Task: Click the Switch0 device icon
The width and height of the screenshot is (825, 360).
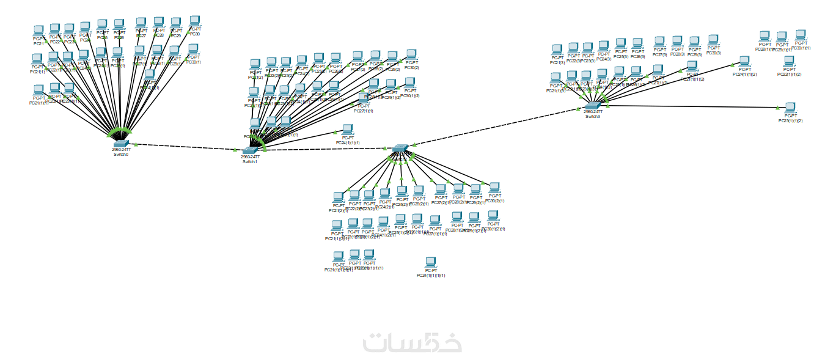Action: pyautogui.click(x=120, y=143)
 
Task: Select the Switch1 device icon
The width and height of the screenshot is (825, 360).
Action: pyautogui.click(x=250, y=150)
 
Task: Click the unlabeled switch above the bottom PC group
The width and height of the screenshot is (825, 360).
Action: pyautogui.click(x=400, y=149)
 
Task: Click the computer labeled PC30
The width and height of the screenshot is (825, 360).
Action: pyautogui.click(x=195, y=22)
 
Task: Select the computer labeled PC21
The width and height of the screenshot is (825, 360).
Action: pyautogui.click(x=39, y=31)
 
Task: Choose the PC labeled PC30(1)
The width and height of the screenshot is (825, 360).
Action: pyautogui.click(x=193, y=49)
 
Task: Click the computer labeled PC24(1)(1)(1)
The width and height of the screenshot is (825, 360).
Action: pyautogui.click(x=347, y=130)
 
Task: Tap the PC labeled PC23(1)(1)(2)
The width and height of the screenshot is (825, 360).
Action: pyautogui.click(x=790, y=108)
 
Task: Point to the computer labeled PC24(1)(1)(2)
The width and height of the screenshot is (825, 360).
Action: pyautogui.click(x=744, y=62)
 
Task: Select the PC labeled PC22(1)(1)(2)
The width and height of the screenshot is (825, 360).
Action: pyautogui.click(x=789, y=61)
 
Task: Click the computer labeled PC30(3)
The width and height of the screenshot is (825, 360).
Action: pyautogui.click(x=713, y=40)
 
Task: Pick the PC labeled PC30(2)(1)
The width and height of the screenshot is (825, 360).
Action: pyautogui.click(x=494, y=188)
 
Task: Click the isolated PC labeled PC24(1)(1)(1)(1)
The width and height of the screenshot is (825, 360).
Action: pyautogui.click(x=431, y=263)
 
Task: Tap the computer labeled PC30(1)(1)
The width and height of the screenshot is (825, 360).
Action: pyautogui.click(x=801, y=35)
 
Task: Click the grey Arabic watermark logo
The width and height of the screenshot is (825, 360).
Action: pyautogui.click(x=412, y=343)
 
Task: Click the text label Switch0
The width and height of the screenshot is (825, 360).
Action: pyautogui.click(x=120, y=155)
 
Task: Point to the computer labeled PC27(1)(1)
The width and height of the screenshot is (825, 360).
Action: pyautogui.click(x=363, y=98)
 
